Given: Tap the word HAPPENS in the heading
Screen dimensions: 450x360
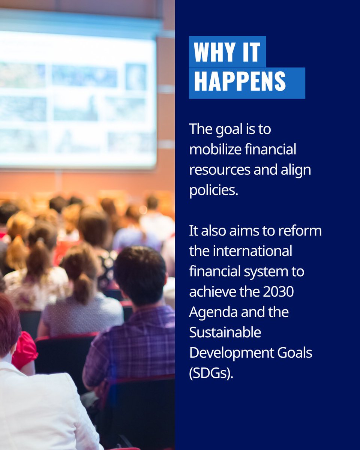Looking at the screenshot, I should [240, 82].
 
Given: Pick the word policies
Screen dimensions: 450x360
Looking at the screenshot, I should [214, 190].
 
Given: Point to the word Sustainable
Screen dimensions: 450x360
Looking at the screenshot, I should [225, 332].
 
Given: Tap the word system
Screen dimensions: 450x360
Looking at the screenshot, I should [263, 271].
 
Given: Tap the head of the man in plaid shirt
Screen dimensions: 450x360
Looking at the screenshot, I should [141, 270].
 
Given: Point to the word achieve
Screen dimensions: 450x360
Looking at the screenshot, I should [212, 292].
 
